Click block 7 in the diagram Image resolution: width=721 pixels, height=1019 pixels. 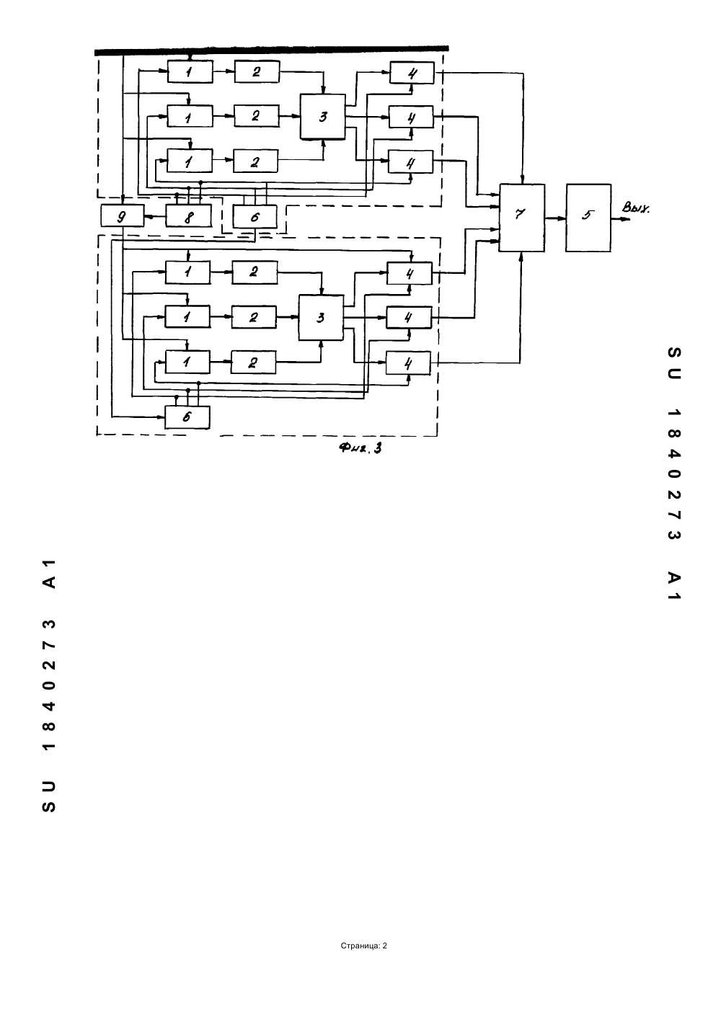tap(521, 218)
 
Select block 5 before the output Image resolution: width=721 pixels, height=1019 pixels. tap(588, 218)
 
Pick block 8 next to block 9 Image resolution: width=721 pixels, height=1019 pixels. tap(188, 215)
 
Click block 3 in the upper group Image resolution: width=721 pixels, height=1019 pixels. tap(323, 117)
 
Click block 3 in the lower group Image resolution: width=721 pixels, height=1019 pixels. tap(321, 318)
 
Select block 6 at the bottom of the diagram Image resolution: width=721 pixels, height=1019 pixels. tap(187, 417)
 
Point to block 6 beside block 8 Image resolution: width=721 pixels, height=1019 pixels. tap(255, 216)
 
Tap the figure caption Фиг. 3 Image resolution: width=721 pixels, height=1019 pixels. tap(360, 448)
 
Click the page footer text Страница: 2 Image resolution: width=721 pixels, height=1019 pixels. tap(363, 945)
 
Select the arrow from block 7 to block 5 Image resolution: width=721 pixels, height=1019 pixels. tap(555, 218)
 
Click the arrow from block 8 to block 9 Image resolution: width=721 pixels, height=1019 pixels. tap(155, 217)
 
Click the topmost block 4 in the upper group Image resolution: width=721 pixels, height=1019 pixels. tap(412, 73)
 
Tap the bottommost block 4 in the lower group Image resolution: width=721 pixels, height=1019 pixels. tap(408, 363)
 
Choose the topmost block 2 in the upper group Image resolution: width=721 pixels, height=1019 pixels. tap(257, 71)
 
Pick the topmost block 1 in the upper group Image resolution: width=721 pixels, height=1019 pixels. tap(190, 71)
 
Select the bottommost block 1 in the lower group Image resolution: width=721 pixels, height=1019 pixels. tap(187, 362)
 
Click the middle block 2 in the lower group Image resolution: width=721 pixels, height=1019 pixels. tap(254, 317)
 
